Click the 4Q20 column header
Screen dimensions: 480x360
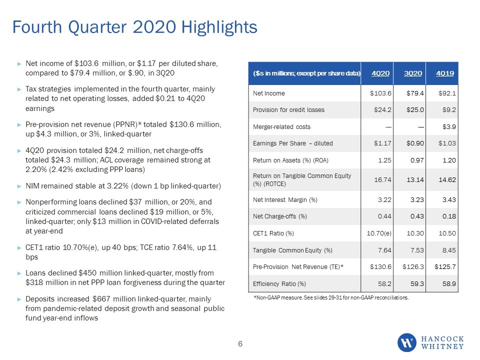[380, 73]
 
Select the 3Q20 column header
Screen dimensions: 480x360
[413, 73]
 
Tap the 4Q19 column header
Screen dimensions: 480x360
[445, 73]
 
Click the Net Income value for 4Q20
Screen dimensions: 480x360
[380, 93]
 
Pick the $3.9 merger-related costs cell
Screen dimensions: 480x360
[449, 126]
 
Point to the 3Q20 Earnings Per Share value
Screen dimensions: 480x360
[415, 143]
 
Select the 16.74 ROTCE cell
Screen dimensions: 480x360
[382, 179]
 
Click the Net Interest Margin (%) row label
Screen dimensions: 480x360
[285, 200]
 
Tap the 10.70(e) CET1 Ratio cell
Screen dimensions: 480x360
[379, 233]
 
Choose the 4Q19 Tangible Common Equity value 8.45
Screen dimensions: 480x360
[449, 250]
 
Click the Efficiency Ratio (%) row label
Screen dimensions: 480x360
[279, 284]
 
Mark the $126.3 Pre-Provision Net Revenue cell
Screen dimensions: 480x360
[413, 267]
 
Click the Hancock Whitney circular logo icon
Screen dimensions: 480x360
[407, 342]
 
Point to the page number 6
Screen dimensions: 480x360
[240, 344]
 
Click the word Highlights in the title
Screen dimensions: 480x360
[219, 27]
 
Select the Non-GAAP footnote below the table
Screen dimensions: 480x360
[331, 297]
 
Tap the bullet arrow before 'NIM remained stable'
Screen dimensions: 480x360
[19, 186]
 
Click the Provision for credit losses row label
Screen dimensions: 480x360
[288, 110]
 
